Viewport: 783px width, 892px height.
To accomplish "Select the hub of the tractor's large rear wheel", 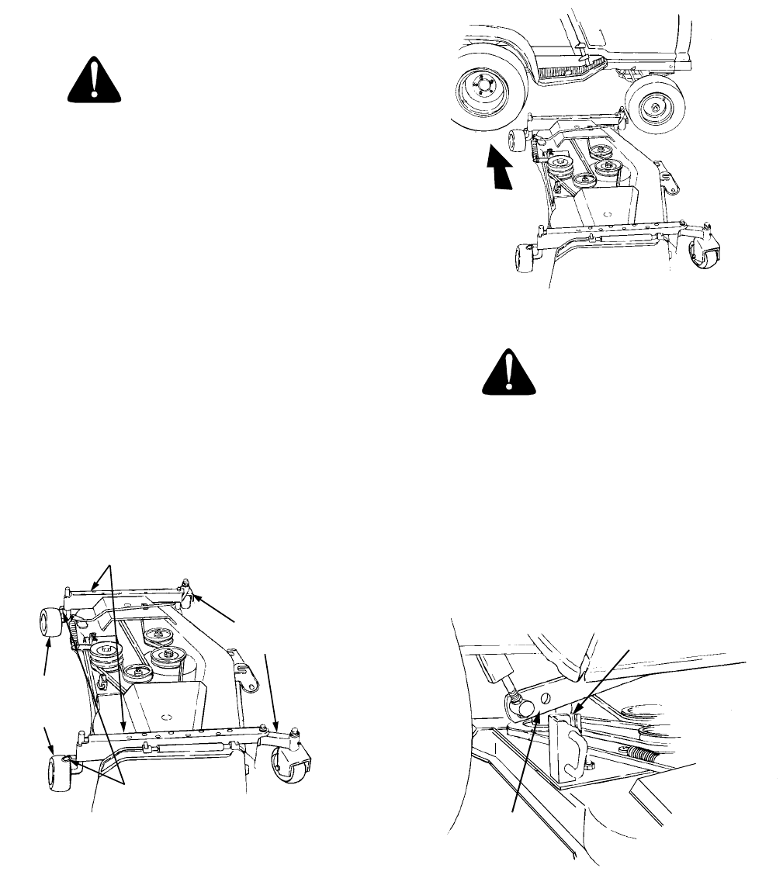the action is click(x=476, y=95).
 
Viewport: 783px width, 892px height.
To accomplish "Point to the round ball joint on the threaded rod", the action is click(x=518, y=704).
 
